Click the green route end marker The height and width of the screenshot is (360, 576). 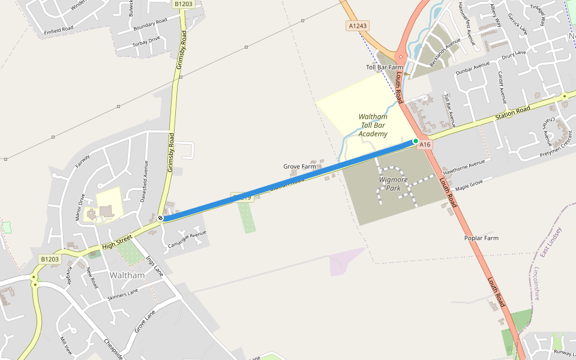click(x=415, y=141)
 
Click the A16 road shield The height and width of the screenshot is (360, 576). click(x=425, y=145)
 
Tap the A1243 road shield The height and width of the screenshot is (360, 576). click(x=358, y=26)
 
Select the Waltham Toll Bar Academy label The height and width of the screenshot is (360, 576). click(x=373, y=125)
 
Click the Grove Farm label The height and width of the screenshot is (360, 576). click(x=299, y=166)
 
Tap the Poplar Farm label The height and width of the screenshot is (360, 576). click(x=481, y=238)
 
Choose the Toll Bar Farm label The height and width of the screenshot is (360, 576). click(x=385, y=67)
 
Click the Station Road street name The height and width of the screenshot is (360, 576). click(x=513, y=112)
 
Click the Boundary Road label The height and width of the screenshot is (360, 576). click(x=150, y=25)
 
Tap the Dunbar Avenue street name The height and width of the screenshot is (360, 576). click(x=472, y=67)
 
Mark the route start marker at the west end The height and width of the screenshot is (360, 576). click(x=161, y=218)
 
